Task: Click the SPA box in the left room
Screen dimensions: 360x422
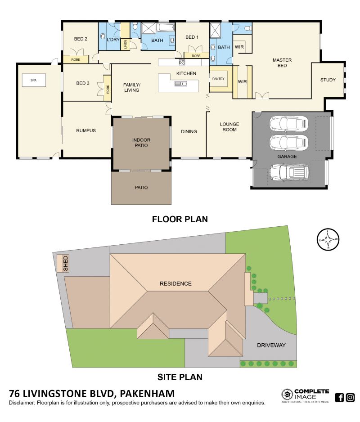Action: click(x=34, y=80)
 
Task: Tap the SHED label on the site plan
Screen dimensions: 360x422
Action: click(x=66, y=264)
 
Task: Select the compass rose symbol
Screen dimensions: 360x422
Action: click(x=328, y=239)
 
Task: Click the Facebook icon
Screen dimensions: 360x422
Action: click(x=339, y=397)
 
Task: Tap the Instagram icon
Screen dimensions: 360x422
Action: click(x=350, y=397)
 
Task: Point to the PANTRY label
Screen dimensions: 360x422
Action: click(x=218, y=79)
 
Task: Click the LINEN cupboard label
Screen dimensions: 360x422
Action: click(x=126, y=45)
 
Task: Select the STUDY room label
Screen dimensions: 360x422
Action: click(x=328, y=80)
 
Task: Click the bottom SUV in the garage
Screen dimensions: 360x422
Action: click(x=289, y=172)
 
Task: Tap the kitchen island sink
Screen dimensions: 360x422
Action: click(x=181, y=84)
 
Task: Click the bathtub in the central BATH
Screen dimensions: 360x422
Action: click(x=165, y=27)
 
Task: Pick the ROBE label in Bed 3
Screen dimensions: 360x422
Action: click(x=108, y=90)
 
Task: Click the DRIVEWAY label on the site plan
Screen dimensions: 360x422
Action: click(x=271, y=346)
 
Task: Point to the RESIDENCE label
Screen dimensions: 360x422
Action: click(x=175, y=283)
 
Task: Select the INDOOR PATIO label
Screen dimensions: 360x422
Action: click(x=141, y=143)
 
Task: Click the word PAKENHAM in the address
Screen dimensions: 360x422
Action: click(x=147, y=394)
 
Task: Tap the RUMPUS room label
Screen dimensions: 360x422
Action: click(x=86, y=130)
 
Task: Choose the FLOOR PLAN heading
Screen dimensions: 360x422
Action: click(x=180, y=219)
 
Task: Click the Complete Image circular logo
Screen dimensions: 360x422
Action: click(x=287, y=395)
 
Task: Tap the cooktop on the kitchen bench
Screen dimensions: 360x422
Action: click(x=182, y=63)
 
